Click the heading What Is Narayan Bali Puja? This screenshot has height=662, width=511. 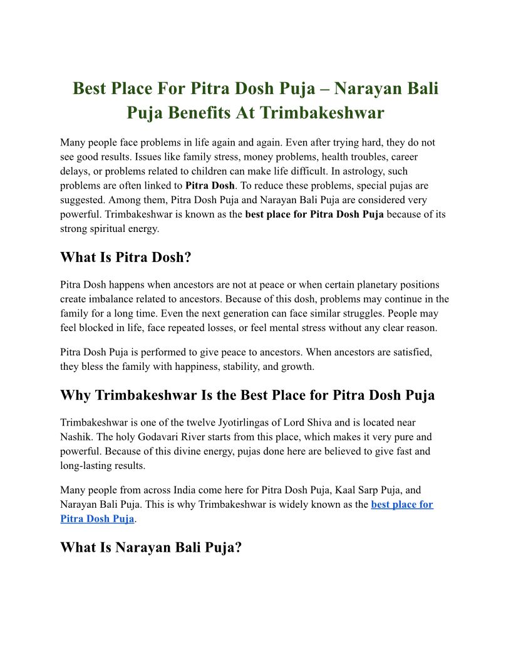tap(151, 547)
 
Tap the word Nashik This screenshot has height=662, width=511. tap(77, 437)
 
